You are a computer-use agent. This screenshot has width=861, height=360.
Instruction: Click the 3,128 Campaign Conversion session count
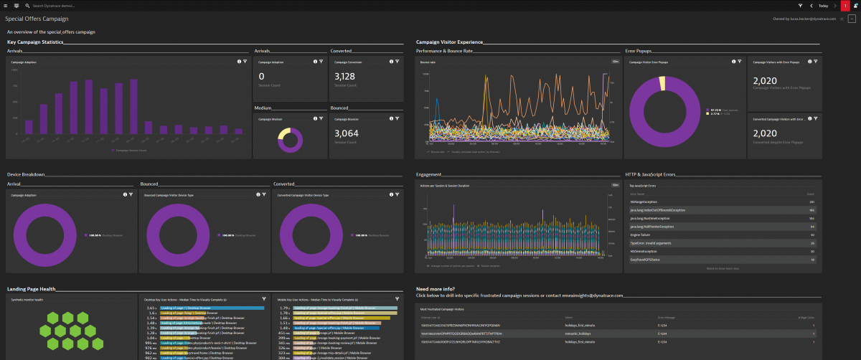(x=344, y=77)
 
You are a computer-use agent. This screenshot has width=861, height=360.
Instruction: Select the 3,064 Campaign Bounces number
(x=344, y=133)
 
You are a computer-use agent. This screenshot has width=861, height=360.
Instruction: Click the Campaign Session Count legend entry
(x=130, y=151)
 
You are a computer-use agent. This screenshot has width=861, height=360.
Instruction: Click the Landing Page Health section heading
(x=32, y=289)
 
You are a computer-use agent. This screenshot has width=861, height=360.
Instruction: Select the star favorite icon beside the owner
(x=842, y=19)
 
